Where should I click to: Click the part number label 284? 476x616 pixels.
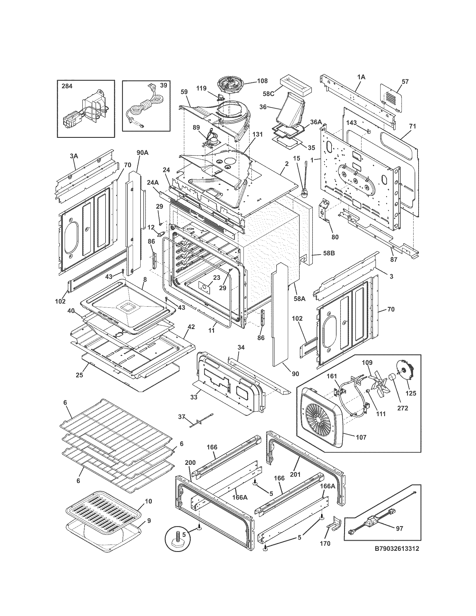[67, 86]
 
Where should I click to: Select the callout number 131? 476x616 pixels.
[257, 134]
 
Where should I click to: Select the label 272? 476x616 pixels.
[402, 408]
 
